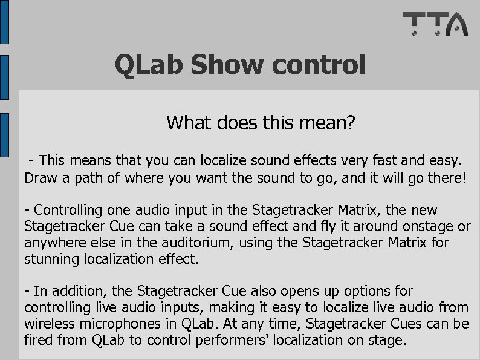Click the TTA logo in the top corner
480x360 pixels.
click(435, 25)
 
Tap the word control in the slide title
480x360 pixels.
click(317, 65)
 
